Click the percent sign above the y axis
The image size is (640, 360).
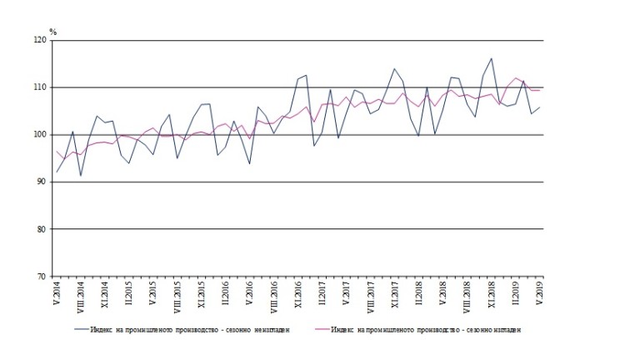[x=52, y=32]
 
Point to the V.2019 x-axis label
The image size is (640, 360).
[x=541, y=294]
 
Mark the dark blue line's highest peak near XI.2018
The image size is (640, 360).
[x=492, y=58]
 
